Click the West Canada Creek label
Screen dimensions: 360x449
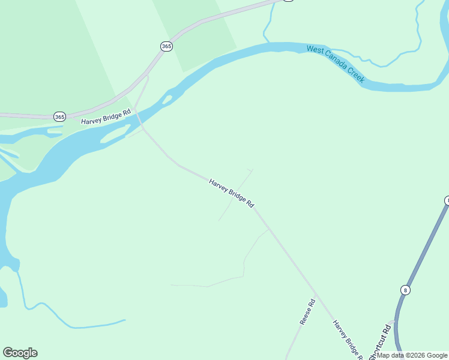[x=336, y=64]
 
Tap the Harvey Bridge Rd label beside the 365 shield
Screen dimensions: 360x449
[x=106, y=117]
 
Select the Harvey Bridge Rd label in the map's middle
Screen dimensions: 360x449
[x=232, y=193]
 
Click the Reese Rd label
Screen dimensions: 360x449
[x=307, y=312]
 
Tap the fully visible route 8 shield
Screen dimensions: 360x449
[x=406, y=290]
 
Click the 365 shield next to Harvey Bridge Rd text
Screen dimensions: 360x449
[x=59, y=117]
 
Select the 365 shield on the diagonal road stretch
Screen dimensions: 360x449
[x=166, y=46]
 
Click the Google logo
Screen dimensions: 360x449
[x=20, y=353]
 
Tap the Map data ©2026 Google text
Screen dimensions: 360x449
[x=412, y=355]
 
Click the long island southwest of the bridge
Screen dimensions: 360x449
[x=114, y=134]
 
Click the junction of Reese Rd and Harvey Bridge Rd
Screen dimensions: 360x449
[x=317, y=295]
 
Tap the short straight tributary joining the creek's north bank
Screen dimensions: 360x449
[x=265, y=27]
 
